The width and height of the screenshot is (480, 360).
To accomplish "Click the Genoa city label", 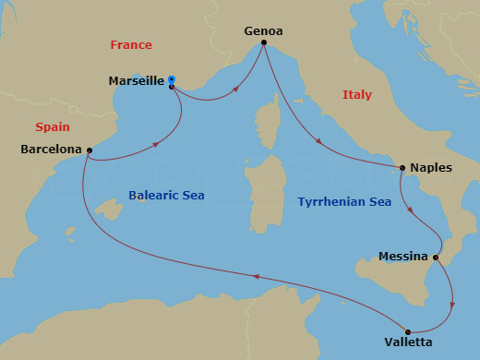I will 263,30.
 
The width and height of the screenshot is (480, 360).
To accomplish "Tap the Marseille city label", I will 136,81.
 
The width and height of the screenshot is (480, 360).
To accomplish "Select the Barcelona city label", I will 50,149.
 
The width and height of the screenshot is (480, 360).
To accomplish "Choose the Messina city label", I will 402,256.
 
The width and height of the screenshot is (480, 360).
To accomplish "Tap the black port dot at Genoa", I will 264,42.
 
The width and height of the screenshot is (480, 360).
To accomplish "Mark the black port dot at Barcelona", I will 89,150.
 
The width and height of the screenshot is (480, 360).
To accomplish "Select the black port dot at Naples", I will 402,168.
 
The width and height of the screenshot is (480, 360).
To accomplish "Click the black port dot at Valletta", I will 407,331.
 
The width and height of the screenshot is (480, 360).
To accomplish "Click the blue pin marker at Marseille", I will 172,79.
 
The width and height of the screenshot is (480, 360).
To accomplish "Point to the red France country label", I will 131,44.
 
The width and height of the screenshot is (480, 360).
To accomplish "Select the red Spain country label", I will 53,126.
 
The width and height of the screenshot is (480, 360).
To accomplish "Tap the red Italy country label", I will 356,94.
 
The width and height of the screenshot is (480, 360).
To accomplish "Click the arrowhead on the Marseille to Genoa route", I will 239,90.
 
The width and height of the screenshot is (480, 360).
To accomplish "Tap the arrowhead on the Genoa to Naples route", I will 319,143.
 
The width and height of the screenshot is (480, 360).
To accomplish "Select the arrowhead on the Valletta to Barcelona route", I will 257,276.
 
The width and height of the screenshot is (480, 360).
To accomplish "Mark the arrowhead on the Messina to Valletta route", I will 451,302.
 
